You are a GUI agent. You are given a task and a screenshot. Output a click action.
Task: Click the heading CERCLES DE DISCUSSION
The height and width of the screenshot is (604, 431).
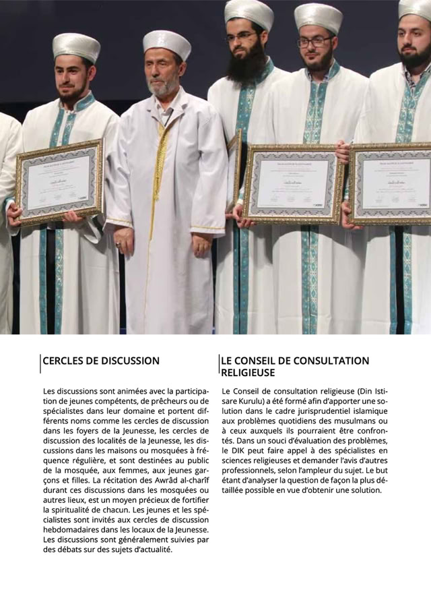coord(101,361)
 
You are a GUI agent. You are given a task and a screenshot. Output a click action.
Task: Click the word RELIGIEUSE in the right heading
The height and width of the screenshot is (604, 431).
coord(248,372)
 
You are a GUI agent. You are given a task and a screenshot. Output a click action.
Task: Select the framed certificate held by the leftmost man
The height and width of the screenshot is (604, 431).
coord(59,183)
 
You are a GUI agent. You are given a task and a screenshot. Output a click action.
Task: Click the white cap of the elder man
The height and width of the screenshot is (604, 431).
coord(166,42)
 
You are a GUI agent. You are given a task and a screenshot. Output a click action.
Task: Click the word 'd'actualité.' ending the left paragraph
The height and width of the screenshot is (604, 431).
coord(148,549)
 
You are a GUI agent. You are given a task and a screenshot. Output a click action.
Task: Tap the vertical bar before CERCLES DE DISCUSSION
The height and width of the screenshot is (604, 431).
coord(40,362)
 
